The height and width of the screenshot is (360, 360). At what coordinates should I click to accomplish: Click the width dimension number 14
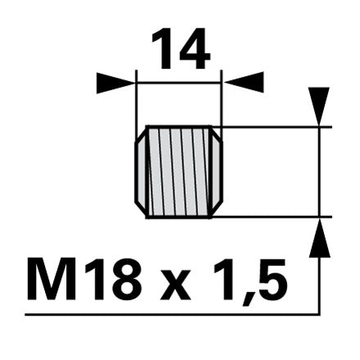pos(181,48)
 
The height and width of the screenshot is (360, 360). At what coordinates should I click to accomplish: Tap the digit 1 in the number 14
pos(164,48)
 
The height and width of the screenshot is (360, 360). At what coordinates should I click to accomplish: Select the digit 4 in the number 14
pos(194,48)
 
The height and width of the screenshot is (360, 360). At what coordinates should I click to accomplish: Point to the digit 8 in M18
pos(125,279)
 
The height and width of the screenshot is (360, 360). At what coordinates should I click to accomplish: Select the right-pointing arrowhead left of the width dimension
pos(116,83)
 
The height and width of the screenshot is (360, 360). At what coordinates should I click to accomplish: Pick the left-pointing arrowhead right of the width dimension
pos(244,82)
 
